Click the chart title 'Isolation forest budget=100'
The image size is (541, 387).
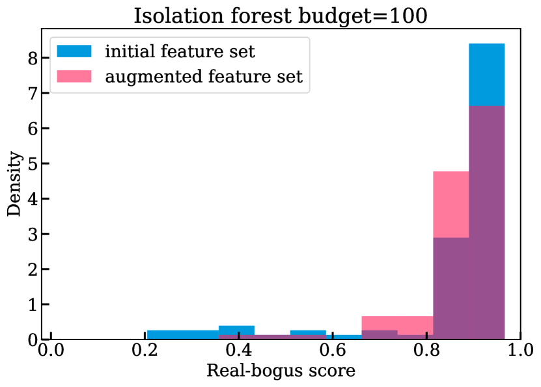point(281,16)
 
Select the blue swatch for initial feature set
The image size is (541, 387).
point(74,51)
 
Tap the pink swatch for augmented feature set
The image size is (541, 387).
point(74,77)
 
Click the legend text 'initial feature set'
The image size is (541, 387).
point(180,51)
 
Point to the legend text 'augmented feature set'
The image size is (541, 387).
point(204,77)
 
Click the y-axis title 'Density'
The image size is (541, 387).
point(14,183)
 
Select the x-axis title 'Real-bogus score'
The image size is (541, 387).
point(281,371)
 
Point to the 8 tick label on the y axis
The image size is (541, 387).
point(33,59)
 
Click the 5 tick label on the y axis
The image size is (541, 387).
point(33,164)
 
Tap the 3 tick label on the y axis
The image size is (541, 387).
point(33,234)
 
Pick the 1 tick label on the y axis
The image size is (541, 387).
point(33,304)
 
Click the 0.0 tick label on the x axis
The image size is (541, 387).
point(51,350)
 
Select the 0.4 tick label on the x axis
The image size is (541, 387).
point(239,350)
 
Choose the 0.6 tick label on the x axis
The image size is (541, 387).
point(333,350)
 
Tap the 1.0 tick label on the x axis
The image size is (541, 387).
point(520,350)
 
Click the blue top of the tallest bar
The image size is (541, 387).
point(486,75)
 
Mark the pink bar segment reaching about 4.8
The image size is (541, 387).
point(451,204)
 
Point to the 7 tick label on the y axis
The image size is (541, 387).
point(33,94)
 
